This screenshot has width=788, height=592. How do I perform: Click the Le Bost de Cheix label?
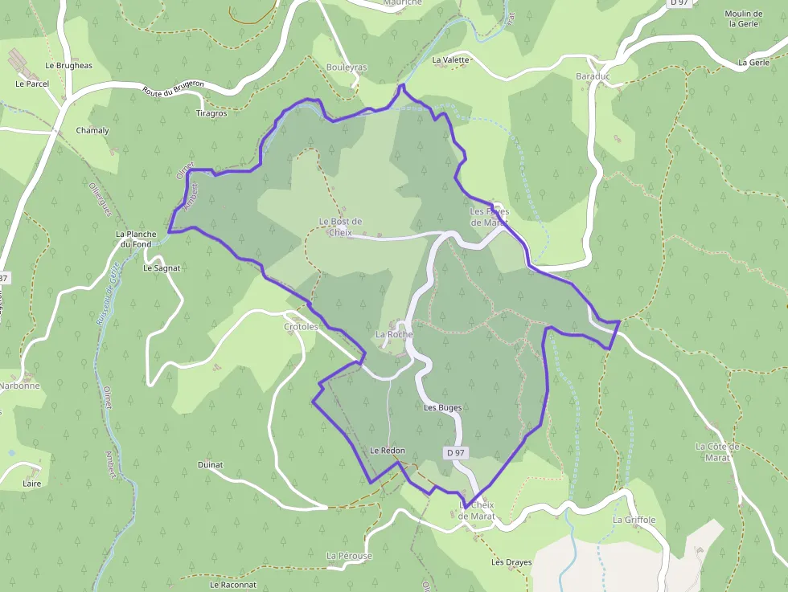(x=340, y=227)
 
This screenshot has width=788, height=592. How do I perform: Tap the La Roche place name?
(x=394, y=334)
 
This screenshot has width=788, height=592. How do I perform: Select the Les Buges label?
(x=442, y=408)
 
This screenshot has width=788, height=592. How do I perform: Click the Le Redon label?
(x=388, y=451)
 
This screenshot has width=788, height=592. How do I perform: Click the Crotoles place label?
(x=302, y=327)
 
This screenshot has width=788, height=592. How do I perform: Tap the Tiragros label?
(x=211, y=113)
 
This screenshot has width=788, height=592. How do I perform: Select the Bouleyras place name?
(x=347, y=67)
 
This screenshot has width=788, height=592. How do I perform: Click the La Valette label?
(x=450, y=59)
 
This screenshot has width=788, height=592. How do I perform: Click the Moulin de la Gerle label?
(x=743, y=18)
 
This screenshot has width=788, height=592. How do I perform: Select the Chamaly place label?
(x=92, y=130)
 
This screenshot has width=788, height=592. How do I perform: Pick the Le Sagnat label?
(x=162, y=267)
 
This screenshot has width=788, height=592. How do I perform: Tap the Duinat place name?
(x=210, y=464)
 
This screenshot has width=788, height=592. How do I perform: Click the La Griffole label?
(x=634, y=520)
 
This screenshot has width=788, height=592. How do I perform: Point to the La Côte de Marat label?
(x=712, y=451)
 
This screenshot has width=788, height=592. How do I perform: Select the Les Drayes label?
(x=511, y=562)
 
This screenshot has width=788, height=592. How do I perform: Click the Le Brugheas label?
(x=69, y=65)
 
